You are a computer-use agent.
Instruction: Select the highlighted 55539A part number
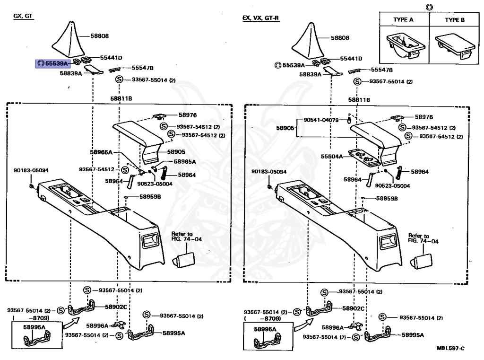(53, 63)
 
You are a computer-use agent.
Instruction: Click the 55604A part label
(332, 156)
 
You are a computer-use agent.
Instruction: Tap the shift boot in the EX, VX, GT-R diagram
(310, 40)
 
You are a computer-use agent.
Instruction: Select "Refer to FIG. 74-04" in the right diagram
(423, 238)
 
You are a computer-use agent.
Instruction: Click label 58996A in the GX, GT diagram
(97, 325)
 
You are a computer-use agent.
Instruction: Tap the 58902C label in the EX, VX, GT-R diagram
(353, 308)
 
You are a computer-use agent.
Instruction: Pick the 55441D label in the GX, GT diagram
(111, 58)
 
